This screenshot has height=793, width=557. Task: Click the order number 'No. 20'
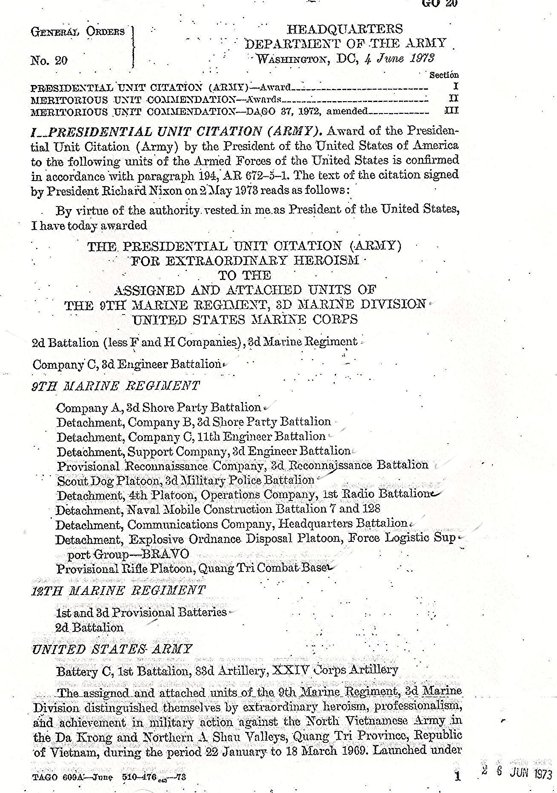pyautogui.click(x=49, y=60)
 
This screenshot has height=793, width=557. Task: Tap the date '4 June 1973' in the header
pyautogui.click(x=399, y=58)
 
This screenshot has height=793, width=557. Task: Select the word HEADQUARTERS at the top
pyautogui.click(x=345, y=29)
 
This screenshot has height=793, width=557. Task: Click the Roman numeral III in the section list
pyautogui.click(x=452, y=110)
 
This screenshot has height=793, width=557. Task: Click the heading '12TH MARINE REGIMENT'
pyautogui.click(x=119, y=590)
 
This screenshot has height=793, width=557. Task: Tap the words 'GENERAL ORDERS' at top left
pyautogui.click(x=77, y=32)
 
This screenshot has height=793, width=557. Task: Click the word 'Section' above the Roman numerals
pyautogui.click(x=444, y=75)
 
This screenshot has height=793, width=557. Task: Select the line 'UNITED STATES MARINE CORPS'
pyautogui.click(x=245, y=320)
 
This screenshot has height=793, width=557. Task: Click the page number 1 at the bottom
pyautogui.click(x=457, y=776)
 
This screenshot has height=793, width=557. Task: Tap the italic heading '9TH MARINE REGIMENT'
pyautogui.click(x=115, y=386)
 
